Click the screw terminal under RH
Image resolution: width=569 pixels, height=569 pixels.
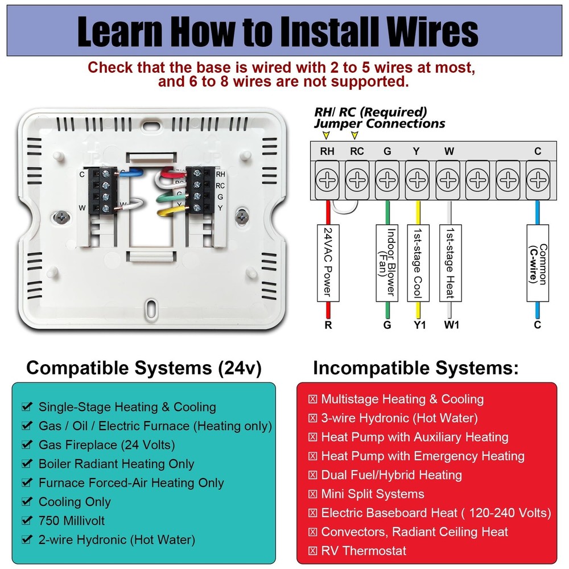tap(327, 180)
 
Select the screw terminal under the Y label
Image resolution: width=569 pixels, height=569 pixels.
tap(417, 180)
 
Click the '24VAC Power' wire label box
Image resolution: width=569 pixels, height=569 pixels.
tap(327, 262)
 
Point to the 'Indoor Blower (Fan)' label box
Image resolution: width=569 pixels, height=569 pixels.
tap(387, 262)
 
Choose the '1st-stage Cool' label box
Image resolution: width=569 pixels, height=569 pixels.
tap(418, 262)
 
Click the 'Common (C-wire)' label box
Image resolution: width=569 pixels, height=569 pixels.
tap(538, 262)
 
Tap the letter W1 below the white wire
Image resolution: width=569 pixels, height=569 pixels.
tap(450, 325)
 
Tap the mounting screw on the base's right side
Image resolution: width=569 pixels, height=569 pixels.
tap(244, 216)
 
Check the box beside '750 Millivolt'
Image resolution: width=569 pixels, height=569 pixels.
tap(26, 521)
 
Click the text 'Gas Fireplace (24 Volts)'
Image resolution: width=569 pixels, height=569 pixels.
tap(106, 445)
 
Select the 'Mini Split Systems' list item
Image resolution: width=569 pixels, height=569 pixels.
tap(372, 494)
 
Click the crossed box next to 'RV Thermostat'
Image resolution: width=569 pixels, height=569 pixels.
tap(312, 551)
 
